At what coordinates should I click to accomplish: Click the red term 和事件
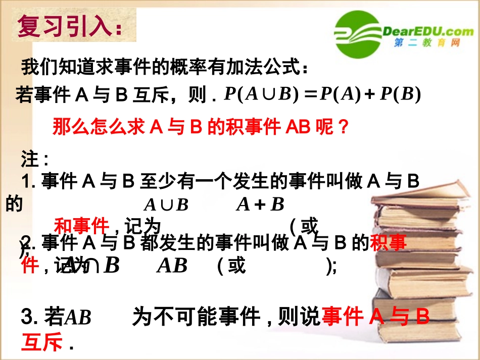pyautogui.click(x=81, y=225)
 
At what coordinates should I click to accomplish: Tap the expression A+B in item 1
pyautogui.click(x=260, y=204)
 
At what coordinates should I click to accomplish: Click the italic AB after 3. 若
pyautogui.click(x=78, y=317)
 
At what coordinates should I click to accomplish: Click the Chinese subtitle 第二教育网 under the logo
pyautogui.click(x=427, y=44)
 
